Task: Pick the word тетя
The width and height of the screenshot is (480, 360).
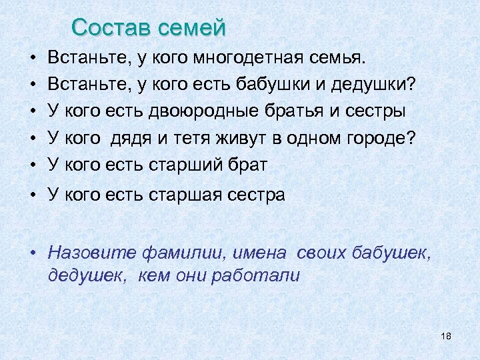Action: point(203,138)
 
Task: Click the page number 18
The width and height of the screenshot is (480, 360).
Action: point(446,335)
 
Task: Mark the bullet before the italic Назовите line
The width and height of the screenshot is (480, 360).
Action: point(33,253)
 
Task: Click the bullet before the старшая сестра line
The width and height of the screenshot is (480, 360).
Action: point(33,195)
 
